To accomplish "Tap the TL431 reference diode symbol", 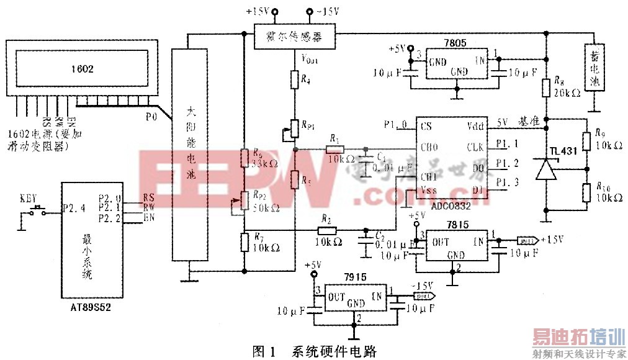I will [x=545, y=169].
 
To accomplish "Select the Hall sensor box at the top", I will [x=295, y=37].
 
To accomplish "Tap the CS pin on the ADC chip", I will [x=426, y=125].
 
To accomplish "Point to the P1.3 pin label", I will [x=510, y=182].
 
